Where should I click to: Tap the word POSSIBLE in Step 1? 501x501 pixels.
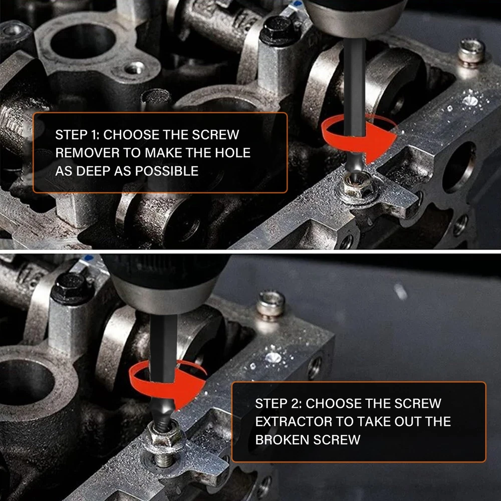pyautogui.click(x=166, y=171)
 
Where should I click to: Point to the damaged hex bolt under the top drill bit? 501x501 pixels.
pyautogui.click(x=357, y=187)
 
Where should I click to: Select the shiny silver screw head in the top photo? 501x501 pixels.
pyautogui.click(x=471, y=52)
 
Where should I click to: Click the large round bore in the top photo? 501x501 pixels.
pyautogui.click(x=83, y=41)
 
